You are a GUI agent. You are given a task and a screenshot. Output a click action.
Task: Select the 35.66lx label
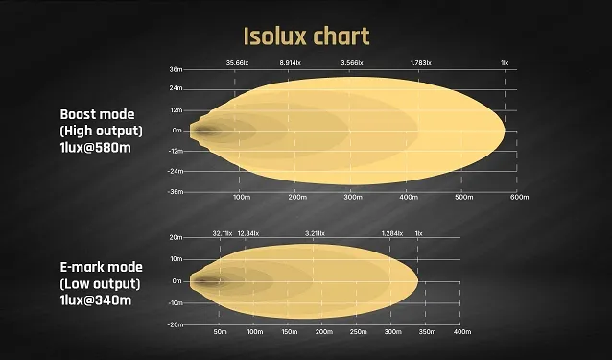point(237,62)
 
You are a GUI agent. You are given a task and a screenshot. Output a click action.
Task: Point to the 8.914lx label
point(291,62)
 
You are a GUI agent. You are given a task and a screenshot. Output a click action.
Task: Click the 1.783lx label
point(420,62)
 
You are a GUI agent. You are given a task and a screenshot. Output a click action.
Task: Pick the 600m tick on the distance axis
point(519,197)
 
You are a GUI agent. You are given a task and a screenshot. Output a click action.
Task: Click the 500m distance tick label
point(464,197)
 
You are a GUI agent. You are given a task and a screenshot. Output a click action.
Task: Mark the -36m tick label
point(176,191)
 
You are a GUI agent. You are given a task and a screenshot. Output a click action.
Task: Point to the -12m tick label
point(176,151)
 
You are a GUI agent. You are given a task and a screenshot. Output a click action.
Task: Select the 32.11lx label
point(223,233)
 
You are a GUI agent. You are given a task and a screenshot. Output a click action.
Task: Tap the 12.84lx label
point(247,233)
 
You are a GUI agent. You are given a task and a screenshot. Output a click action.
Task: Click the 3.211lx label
point(315,233)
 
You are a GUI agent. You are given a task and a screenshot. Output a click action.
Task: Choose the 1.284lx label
point(392,233)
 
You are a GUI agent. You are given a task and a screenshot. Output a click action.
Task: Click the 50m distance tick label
point(220,332)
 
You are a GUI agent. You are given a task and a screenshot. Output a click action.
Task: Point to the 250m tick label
point(358,332)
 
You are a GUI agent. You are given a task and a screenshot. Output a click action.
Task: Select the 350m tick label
point(427,332)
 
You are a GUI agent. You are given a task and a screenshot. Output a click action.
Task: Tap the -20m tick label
point(176,324)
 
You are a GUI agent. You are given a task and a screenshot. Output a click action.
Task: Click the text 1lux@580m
point(96,146)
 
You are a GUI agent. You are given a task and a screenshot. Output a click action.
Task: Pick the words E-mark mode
point(101,266)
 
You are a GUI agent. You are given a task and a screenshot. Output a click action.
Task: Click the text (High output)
point(101,130)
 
